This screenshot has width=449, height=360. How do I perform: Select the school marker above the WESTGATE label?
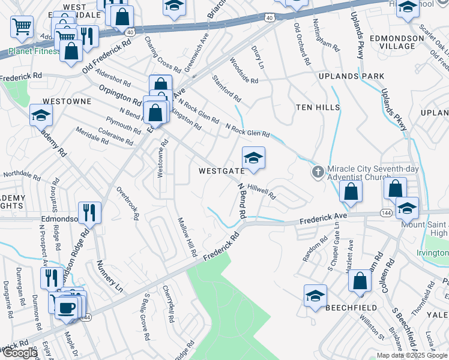[253, 159]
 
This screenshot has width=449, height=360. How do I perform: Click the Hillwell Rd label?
[261, 191]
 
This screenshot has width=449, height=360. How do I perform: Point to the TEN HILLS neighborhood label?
[318, 107]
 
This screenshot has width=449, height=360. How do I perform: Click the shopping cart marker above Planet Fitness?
[22, 27]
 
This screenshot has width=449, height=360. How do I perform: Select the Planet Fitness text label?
[27, 51]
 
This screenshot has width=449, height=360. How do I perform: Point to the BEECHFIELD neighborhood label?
[351, 308]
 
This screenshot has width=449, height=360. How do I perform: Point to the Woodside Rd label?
[244, 71]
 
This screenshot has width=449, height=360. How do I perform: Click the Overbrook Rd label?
[128, 206]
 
